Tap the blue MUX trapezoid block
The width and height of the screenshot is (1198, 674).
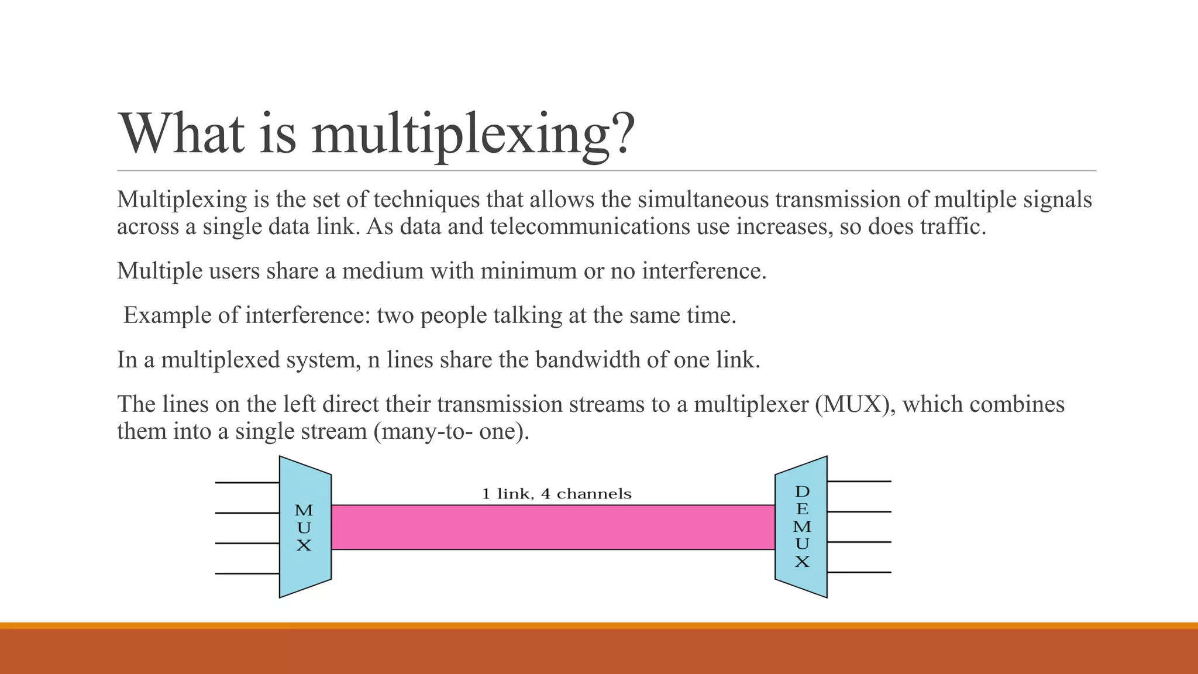coord(305,527)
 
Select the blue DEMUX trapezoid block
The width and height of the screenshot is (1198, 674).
coord(801,527)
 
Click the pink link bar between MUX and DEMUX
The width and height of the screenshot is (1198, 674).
coord(553,527)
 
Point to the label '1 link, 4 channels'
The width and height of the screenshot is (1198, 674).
coord(556,494)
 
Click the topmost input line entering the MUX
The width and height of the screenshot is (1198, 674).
coord(247,483)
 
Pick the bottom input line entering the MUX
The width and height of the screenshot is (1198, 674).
coord(247,574)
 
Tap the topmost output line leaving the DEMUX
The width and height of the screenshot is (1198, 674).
coord(859,482)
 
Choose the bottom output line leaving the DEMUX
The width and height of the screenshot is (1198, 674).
coord(859,572)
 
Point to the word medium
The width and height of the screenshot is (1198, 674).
coord(383,271)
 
